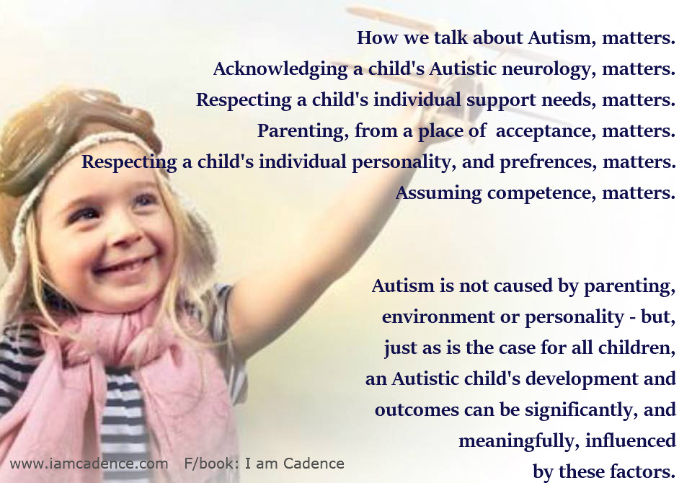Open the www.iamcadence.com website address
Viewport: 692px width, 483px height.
click(x=89, y=464)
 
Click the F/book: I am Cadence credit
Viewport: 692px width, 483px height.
click(x=265, y=464)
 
